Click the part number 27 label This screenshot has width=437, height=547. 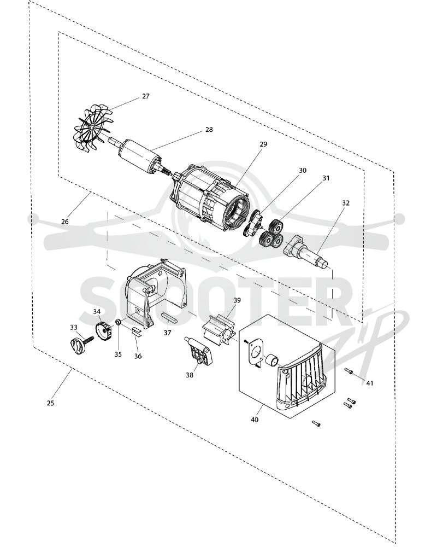[x=146, y=96]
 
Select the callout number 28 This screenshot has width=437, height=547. [x=209, y=130]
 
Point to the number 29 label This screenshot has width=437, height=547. [x=263, y=144]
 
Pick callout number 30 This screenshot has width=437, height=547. [x=303, y=170]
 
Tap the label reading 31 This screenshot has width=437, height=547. [x=326, y=178]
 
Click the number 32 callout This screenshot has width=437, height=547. [x=346, y=203]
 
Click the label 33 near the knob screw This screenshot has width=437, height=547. [x=74, y=327]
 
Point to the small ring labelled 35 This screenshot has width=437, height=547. [x=119, y=322]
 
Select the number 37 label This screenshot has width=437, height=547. [x=168, y=333]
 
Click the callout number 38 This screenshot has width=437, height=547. [x=189, y=375]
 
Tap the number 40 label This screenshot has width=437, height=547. [x=255, y=420]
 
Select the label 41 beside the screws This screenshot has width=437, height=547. [x=370, y=383]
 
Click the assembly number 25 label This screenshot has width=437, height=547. [x=51, y=403]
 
